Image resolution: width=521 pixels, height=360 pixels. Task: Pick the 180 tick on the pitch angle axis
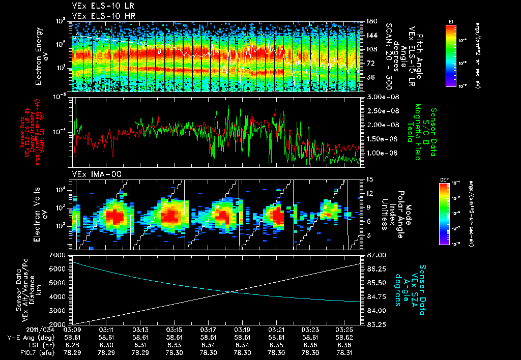(x=370, y=21)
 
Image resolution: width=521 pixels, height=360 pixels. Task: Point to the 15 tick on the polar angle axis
(x=369, y=179)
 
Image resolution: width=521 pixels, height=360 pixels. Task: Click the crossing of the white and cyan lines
(x=231, y=291)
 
